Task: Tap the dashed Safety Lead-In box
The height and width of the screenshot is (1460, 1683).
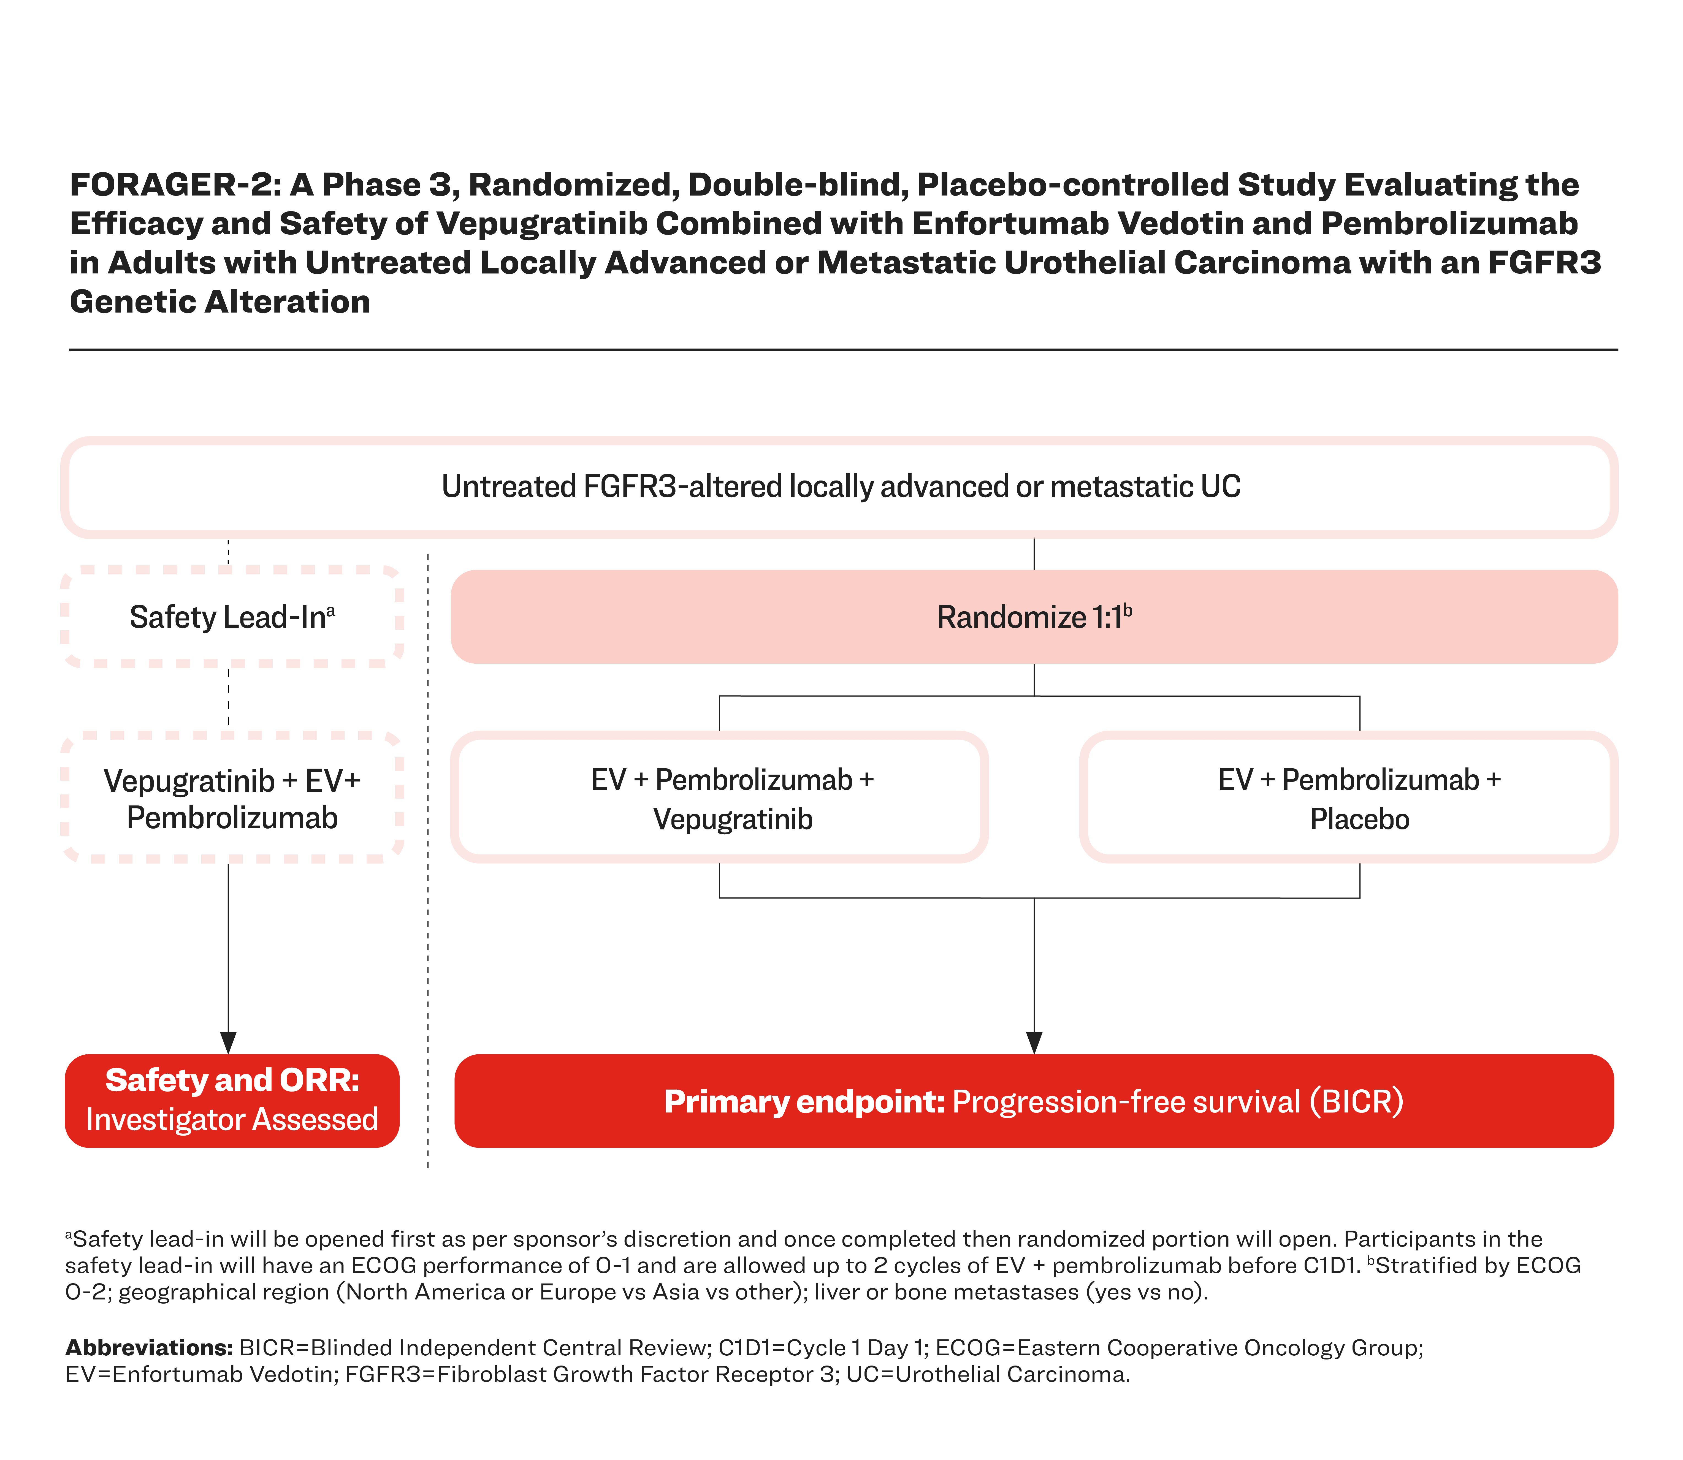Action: [232, 617]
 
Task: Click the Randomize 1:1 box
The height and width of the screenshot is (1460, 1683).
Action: [1034, 617]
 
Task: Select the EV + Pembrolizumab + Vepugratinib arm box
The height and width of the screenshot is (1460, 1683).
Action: [719, 798]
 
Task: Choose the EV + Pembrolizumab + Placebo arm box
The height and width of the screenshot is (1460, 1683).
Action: [1348, 798]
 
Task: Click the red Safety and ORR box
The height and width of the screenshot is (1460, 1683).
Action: [232, 1101]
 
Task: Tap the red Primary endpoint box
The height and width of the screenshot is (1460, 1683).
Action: [1034, 1101]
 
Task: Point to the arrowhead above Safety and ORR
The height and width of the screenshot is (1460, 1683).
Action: [228, 1043]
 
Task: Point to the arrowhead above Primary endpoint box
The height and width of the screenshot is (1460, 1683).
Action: [1034, 1043]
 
